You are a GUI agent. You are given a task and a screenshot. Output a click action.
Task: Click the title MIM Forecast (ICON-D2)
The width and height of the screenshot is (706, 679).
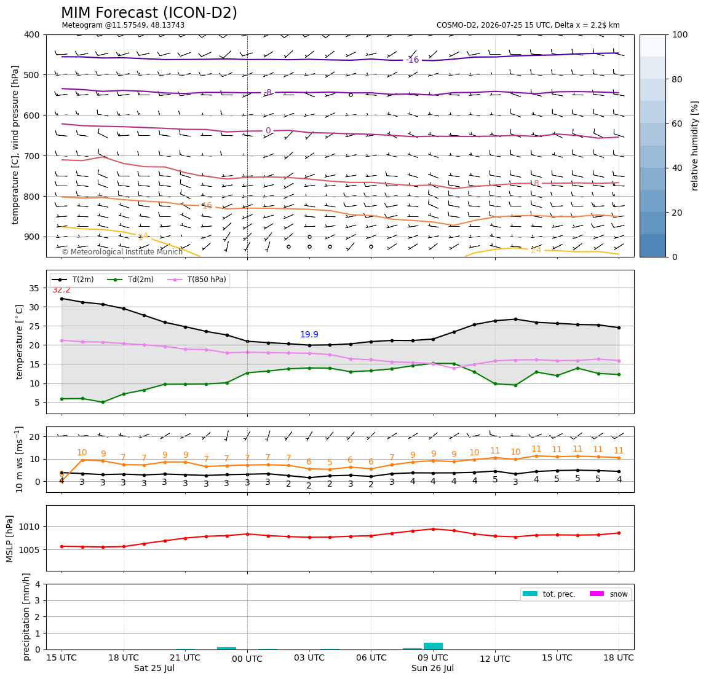pos(149,13)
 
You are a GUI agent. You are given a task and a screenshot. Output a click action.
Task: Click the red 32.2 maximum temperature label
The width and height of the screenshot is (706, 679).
pos(61,290)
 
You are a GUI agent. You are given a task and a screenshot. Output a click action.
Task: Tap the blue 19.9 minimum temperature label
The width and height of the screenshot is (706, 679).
pos(309,334)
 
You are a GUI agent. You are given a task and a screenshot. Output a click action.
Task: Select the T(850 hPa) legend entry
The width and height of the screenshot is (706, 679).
pos(197,280)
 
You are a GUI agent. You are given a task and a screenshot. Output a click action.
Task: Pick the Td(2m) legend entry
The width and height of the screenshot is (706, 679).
pos(130,280)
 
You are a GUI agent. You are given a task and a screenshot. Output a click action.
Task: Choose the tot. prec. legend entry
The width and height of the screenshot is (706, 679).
pos(549,594)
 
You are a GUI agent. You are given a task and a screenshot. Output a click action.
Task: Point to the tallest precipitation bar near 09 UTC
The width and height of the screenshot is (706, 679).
pos(433,646)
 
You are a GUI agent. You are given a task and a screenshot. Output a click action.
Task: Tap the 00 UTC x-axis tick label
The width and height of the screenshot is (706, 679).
pos(247,659)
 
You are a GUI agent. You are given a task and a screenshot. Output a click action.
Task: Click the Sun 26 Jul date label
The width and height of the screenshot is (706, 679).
pos(432,668)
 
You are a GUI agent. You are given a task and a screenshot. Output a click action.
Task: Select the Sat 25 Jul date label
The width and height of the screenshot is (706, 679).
pos(154,668)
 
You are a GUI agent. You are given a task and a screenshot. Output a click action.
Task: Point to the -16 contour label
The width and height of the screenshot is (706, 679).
pos(413,60)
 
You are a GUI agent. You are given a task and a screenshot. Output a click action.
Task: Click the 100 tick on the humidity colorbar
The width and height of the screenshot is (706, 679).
pos(680,34)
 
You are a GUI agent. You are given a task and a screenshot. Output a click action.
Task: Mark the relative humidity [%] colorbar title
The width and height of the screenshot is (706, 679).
pos(695,146)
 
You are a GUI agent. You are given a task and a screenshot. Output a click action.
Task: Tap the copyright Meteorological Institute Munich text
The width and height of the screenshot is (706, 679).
pos(122,251)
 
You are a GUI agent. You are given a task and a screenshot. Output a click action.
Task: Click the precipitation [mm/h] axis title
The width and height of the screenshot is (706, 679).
pos(26,617)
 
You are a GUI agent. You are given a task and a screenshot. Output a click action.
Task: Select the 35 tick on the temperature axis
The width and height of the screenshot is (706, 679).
pos(34,288)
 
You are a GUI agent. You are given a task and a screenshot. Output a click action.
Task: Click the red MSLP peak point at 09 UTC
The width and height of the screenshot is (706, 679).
pos(433,529)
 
